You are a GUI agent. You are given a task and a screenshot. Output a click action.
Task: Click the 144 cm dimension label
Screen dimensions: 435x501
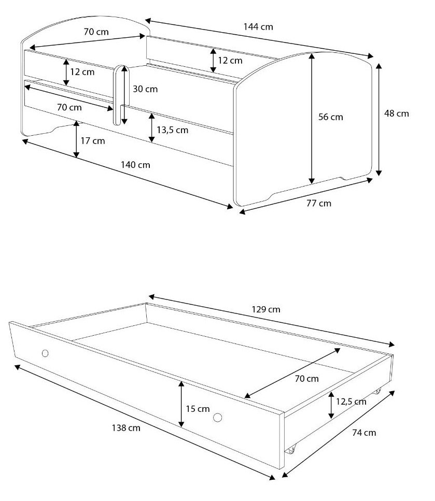(258, 27)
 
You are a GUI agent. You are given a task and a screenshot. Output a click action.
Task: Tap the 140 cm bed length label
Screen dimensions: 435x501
(135, 165)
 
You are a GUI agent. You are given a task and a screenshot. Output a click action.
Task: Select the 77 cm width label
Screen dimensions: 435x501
(319, 203)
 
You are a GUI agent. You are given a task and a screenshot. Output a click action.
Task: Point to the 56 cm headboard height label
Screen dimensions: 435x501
(331, 117)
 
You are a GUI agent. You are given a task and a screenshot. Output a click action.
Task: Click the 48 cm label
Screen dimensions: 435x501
(397, 113)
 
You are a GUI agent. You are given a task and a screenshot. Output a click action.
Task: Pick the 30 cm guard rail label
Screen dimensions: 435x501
(145, 89)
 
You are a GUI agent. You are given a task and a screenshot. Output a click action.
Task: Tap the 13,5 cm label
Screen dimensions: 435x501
(173, 130)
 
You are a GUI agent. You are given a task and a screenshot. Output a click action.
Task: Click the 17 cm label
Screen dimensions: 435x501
(93, 141)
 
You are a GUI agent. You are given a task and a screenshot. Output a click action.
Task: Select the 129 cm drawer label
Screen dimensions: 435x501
(266, 309)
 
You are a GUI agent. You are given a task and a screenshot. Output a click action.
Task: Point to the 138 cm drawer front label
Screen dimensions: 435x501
(126, 428)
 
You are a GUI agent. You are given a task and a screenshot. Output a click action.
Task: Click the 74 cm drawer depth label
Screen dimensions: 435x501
(364, 433)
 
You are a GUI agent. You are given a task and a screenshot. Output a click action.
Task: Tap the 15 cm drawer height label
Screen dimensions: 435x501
(198, 409)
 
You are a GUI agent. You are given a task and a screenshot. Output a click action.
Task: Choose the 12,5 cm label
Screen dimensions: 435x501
(351, 402)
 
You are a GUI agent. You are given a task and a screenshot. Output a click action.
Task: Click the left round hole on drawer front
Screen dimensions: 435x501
(45, 353)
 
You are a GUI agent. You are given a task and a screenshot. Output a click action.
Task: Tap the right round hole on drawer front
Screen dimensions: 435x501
(218, 417)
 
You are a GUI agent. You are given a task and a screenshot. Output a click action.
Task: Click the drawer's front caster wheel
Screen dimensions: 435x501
(291, 450)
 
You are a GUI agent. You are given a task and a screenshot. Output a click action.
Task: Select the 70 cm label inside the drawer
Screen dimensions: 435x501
(307, 379)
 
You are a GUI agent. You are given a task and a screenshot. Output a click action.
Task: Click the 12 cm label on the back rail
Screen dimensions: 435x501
(230, 61)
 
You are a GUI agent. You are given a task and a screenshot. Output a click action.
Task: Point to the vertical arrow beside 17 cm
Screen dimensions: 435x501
(76, 139)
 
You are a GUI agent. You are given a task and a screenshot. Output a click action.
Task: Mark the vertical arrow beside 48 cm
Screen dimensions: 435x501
(378, 120)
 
